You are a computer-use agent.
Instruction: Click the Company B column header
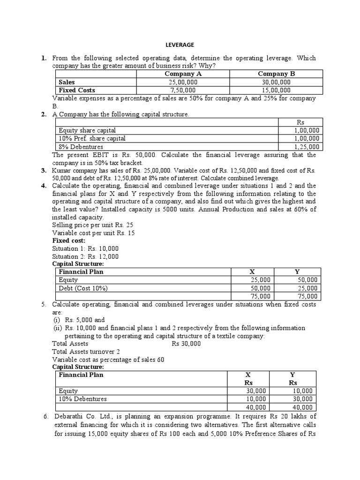[x=276, y=74]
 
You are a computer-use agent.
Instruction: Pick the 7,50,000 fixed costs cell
[x=183, y=90]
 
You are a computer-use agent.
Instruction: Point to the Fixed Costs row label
[x=77, y=90]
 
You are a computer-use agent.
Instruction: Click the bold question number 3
[x=43, y=170]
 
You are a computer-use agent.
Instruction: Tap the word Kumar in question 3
[x=62, y=170]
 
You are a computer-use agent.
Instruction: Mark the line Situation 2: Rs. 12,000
[x=85, y=256]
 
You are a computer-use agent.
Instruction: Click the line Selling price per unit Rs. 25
[x=93, y=225]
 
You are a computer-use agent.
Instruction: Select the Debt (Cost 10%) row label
[x=86, y=288]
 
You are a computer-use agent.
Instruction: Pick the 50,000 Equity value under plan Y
[x=307, y=280]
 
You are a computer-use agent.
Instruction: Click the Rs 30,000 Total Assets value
[x=186, y=344]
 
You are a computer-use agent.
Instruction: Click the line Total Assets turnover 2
[x=86, y=352]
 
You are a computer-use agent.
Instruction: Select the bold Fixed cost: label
[x=68, y=240]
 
